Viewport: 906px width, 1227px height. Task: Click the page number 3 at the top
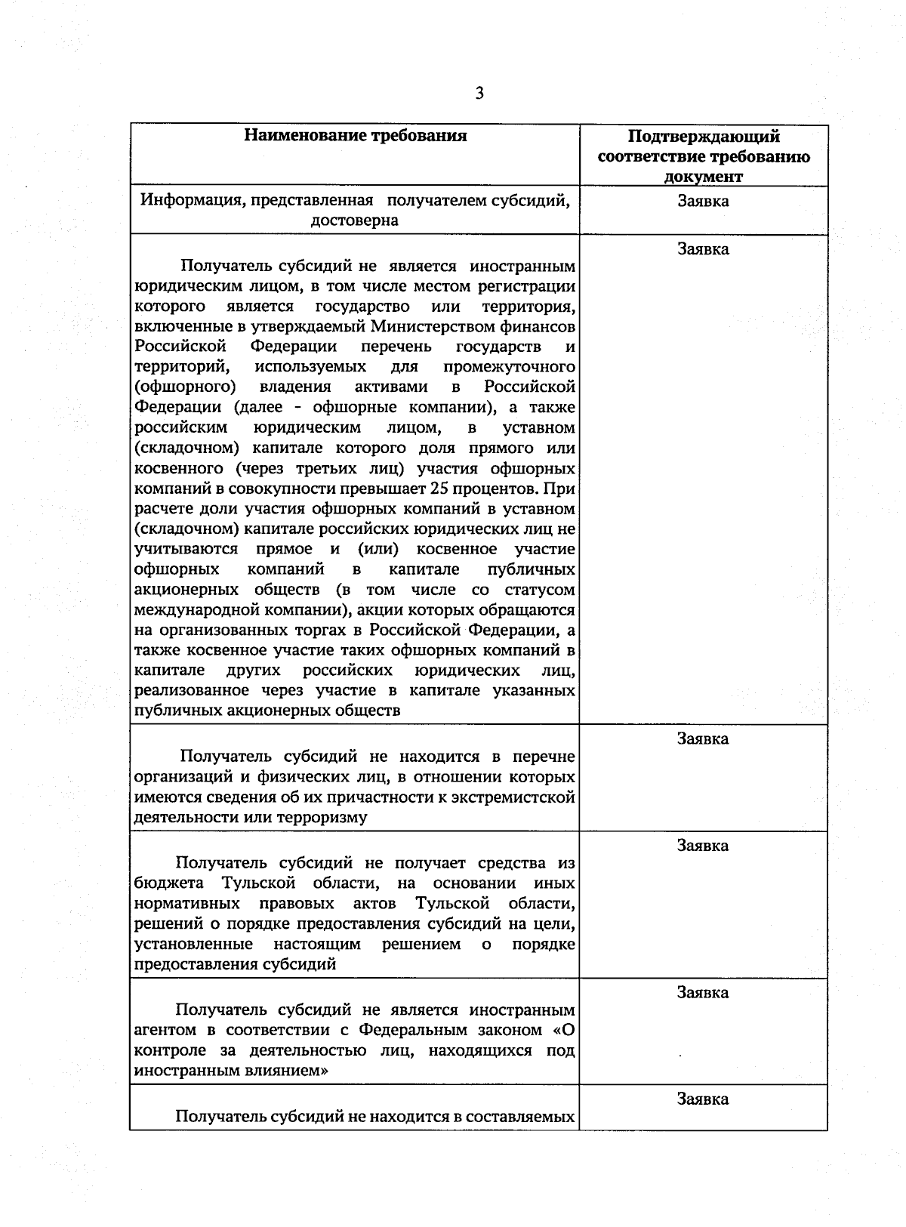click(x=479, y=94)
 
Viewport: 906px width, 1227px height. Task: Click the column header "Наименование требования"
click(x=355, y=136)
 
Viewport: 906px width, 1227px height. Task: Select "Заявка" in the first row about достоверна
click(x=703, y=202)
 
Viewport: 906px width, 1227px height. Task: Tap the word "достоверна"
click(x=354, y=221)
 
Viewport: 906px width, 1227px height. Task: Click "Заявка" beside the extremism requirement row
click(x=703, y=739)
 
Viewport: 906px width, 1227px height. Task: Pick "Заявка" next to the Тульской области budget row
click(x=703, y=846)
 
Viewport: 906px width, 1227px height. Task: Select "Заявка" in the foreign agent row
click(x=703, y=992)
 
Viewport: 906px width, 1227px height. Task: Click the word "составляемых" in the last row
click(x=520, y=1117)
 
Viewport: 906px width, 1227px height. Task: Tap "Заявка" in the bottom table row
click(x=703, y=1099)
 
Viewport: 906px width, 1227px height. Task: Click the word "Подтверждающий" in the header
click(x=703, y=137)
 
